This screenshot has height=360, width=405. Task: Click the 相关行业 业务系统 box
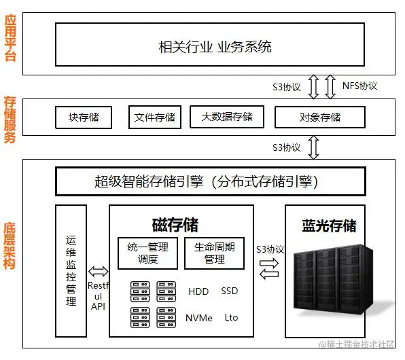(x=215, y=46)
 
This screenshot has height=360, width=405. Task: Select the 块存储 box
(x=83, y=117)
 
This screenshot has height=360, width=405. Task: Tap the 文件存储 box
(x=155, y=117)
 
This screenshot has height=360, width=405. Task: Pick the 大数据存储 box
(x=226, y=117)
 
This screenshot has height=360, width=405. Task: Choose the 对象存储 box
(x=320, y=117)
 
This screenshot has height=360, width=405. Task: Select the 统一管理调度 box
(x=147, y=253)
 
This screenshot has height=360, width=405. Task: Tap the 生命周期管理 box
(x=214, y=253)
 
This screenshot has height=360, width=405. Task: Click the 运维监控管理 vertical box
(x=71, y=270)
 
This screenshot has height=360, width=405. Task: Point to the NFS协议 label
(x=359, y=86)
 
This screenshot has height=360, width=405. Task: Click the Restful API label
(x=98, y=296)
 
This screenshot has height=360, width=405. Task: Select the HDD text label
(x=198, y=291)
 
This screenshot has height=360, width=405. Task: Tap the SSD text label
(x=230, y=291)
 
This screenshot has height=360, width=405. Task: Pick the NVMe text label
(x=198, y=318)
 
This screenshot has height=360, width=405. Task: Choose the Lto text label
(x=231, y=317)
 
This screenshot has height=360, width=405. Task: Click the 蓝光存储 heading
(x=329, y=226)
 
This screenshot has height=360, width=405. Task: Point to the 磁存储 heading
(x=175, y=223)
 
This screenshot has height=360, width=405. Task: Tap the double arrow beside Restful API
(x=98, y=271)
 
